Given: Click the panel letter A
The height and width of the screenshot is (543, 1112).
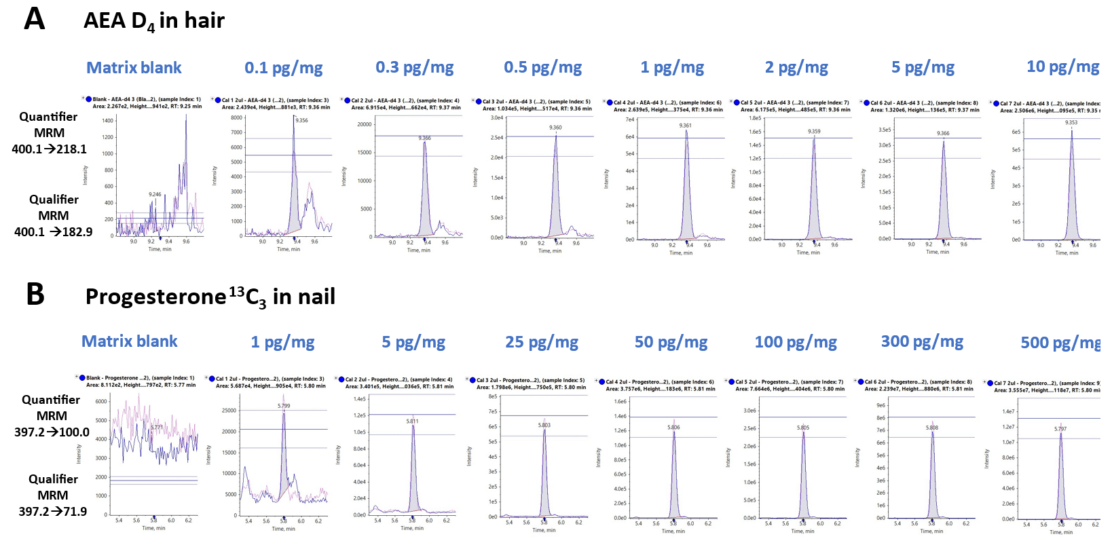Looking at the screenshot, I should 35,18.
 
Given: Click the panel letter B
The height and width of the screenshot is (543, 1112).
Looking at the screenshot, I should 35,295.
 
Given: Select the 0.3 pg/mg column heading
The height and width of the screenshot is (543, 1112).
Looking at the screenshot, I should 414,67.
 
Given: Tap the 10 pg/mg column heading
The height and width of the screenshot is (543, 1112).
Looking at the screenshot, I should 1062,67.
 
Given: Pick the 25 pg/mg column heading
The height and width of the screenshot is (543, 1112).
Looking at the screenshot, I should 541,342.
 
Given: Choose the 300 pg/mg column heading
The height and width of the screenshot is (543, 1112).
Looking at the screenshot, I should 921,341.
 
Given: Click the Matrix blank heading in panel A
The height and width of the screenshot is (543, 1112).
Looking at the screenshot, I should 134,68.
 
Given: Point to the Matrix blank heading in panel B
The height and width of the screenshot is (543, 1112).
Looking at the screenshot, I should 129,341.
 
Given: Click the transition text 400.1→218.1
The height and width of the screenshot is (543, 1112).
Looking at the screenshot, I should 49,149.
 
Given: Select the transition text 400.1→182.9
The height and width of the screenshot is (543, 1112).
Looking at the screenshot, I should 53,232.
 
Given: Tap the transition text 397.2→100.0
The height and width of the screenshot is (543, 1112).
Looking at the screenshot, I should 52,432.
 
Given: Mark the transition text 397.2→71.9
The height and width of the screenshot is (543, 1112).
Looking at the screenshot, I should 52,512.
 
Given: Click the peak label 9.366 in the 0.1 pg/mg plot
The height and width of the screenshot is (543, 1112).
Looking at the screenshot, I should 301,121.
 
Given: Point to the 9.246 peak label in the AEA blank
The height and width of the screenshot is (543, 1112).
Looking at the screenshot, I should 155,195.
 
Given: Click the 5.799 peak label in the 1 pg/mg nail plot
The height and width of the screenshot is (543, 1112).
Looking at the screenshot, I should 284,406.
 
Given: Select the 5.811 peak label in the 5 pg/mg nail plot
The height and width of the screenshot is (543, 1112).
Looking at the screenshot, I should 412,422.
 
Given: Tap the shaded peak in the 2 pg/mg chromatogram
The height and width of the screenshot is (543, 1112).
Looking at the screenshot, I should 813,204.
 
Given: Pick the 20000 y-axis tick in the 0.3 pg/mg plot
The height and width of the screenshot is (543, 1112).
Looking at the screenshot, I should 364,124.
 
